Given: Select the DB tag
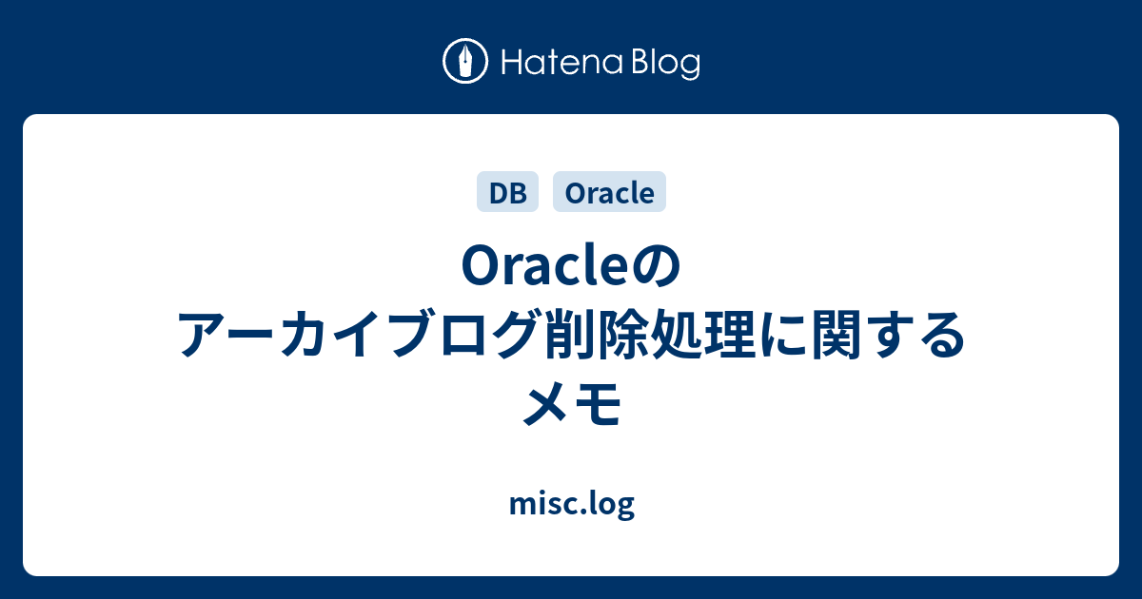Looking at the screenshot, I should coord(507,193).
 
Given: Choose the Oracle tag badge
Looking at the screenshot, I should coord(609,193).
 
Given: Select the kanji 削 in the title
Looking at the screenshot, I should coord(574,337).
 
